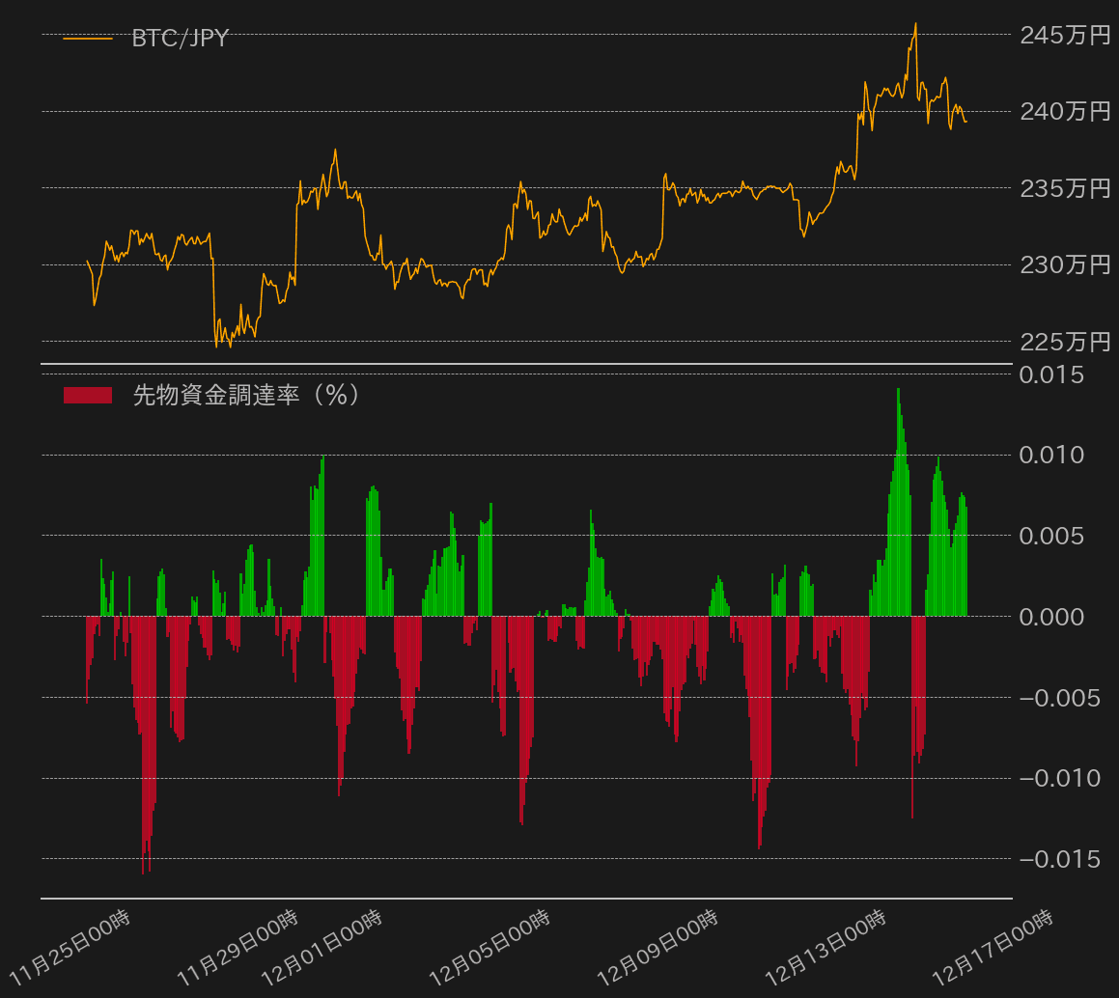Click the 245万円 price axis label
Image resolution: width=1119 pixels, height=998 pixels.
point(1065,36)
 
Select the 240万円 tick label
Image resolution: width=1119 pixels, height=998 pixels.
point(1065,112)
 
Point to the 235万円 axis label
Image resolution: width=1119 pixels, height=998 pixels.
point(1065,188)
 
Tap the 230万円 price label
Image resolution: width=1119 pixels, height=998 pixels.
point(1065,264)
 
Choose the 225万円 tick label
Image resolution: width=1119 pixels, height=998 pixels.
point(1065,342)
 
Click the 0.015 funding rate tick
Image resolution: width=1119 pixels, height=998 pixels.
point(1059,374)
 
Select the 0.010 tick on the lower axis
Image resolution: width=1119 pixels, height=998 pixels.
point(1059,455)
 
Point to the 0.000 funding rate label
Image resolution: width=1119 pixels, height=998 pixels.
point(1059,616)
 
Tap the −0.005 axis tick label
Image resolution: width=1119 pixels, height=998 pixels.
point(1059,697)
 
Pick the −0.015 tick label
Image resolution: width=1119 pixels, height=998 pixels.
point(1059,858)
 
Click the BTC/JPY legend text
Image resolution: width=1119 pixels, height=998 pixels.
point(180,39)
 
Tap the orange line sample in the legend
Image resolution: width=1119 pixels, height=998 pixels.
point(87,39)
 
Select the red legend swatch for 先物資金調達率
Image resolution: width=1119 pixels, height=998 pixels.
point(87,395)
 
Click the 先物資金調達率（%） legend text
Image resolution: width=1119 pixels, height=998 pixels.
point(246,395)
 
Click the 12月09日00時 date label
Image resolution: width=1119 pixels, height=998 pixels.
point(657,945)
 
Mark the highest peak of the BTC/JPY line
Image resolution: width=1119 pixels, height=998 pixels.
point(915,24)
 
